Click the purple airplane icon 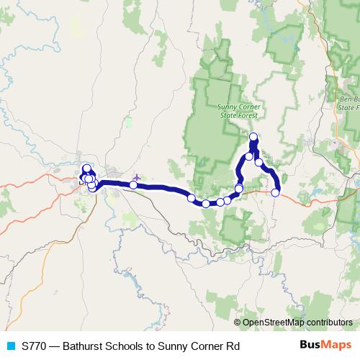click(x=137, y=176)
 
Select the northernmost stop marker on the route click(x=253, y=137)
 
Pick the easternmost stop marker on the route click(x=275, y=192)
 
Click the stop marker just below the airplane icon click(x=133, y=185)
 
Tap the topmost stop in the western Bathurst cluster click(x=86, y=168)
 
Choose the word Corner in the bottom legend click(x=212, y=346)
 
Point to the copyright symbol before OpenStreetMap click(x=237, y=323)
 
